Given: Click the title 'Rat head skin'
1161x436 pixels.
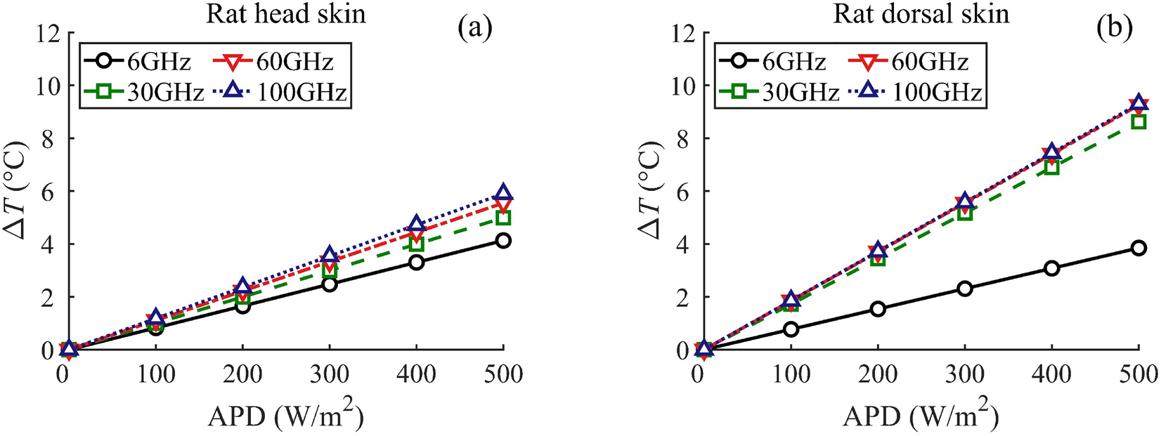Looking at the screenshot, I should pyautogui.click(x=286, y=13).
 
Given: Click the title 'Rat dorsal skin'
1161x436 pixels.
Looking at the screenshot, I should pyautogui.click(x=921, y=13).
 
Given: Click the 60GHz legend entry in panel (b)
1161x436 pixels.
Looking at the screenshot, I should pyautogui.click(x=914, y=62).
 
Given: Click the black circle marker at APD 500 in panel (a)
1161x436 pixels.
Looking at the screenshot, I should pyautogui.click(x=503, y=241).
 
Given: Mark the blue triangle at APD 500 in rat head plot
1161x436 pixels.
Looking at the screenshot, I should pyautogui.click(x=503, y=194).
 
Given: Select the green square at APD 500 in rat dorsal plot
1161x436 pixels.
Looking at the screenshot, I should pyautogui.click(x=1139, y=121).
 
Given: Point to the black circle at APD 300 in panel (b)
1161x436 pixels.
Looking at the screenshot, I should pyautogui.click(x=965, y=289).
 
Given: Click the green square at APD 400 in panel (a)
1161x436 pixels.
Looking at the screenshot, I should pyautogui.click(x=417, y=244).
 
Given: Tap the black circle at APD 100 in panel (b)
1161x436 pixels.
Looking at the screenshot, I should pyautogui.click(x=791, y=329).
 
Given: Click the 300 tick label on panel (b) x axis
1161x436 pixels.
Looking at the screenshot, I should pyautogui.click(x=965, y=374).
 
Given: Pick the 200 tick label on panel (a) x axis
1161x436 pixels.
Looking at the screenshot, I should pyautogui.click(x=242, y=374).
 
